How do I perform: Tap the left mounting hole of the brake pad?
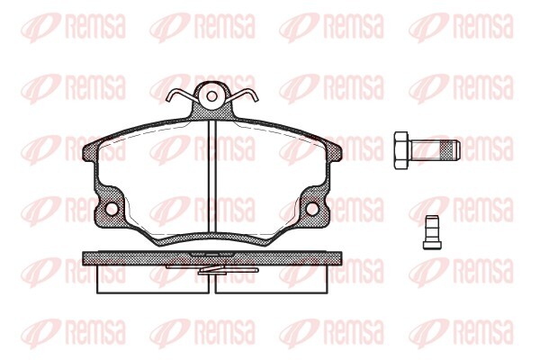(112, 209)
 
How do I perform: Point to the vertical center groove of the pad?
(212, 180)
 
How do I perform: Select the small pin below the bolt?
(429, 229)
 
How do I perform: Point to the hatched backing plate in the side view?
(212, 257)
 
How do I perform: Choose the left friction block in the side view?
(153, 280)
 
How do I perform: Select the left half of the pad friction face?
(153, 180)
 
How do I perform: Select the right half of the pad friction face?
(270, 180)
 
